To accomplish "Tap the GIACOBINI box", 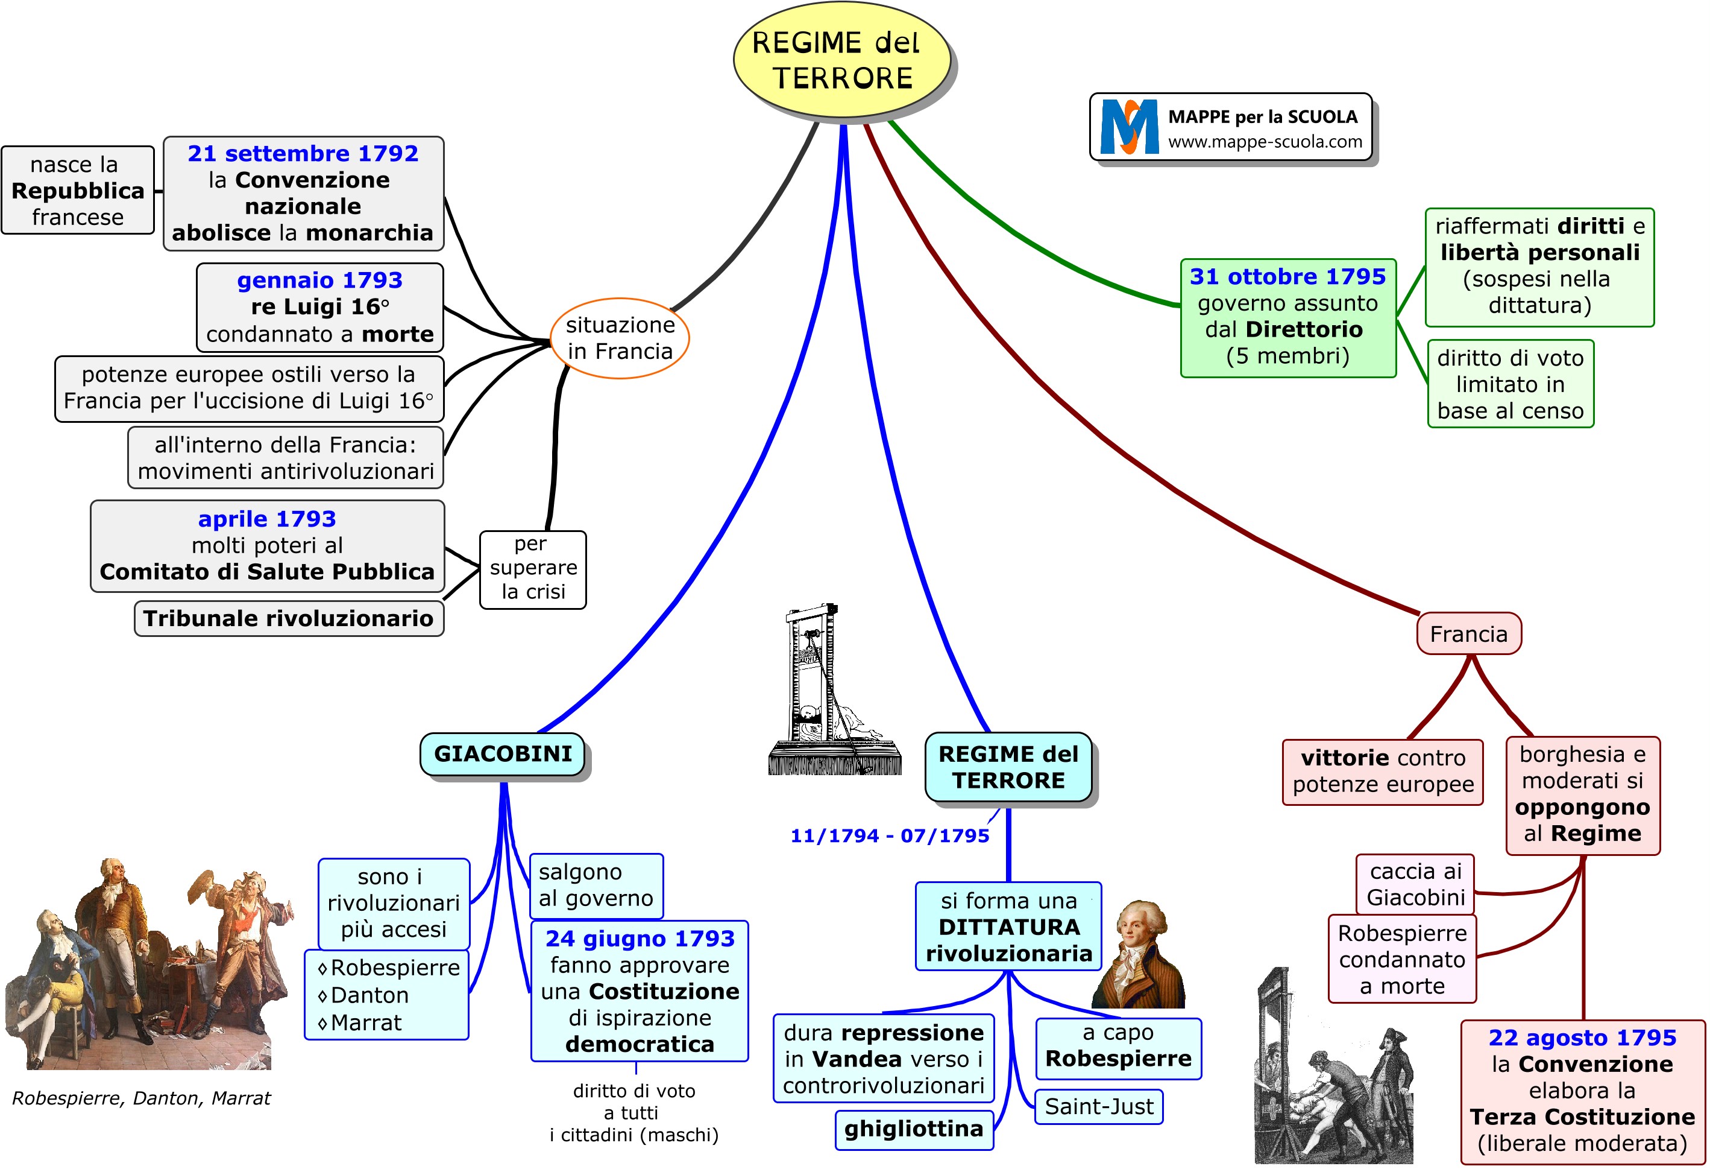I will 503,755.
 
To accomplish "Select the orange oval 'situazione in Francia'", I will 620,338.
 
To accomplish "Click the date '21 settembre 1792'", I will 303,153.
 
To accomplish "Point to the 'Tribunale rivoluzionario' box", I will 289,618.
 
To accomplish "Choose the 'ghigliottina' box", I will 913,1129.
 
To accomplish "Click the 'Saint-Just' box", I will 1099,1106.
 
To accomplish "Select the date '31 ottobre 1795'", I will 1287,277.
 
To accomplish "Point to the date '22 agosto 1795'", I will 1582,1038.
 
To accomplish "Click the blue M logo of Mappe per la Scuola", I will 1129,127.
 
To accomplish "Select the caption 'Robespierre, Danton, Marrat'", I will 141,1098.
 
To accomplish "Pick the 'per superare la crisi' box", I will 533,568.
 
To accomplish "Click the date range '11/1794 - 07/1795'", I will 890,835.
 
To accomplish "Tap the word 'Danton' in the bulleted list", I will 369,995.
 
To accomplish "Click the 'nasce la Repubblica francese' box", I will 78,191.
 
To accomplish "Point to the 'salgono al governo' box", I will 596,885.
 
